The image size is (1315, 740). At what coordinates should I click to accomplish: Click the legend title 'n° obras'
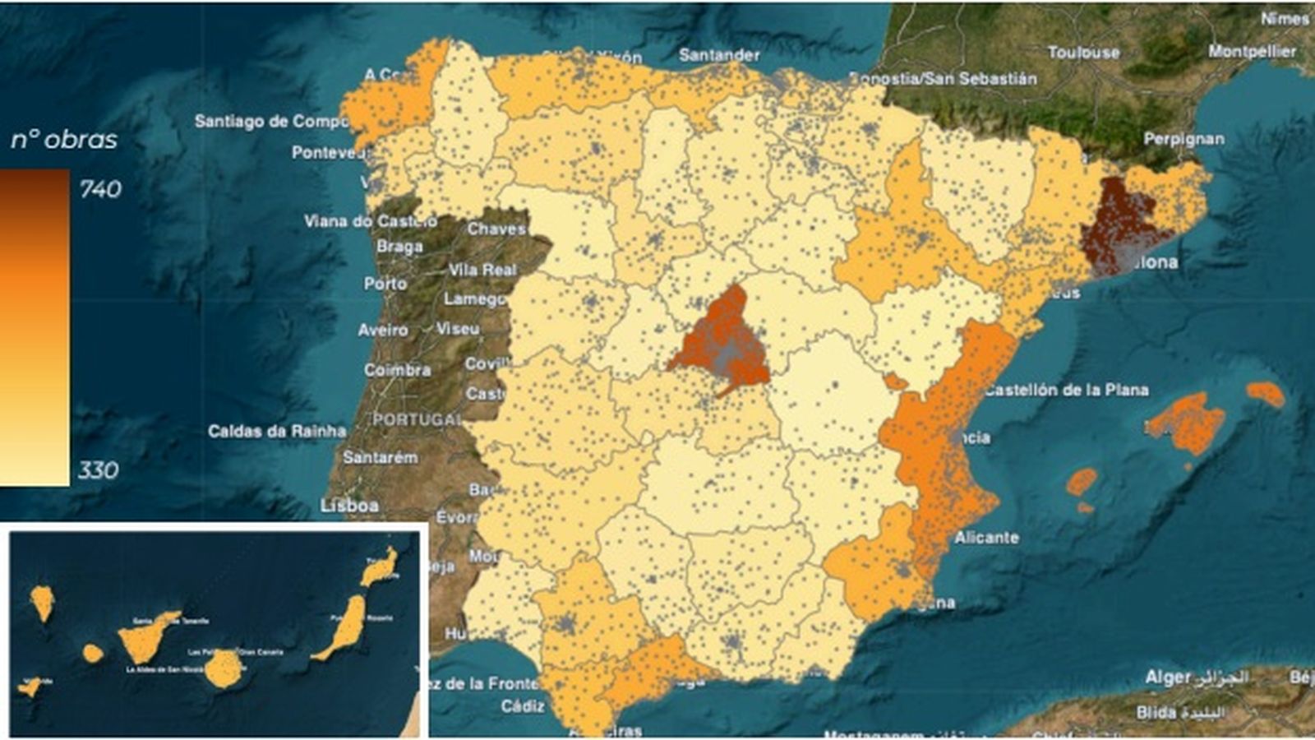(x=64, y=140)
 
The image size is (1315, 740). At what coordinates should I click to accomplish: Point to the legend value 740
(x=100, y=189)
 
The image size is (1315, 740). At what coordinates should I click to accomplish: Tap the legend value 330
(x=99, y=470)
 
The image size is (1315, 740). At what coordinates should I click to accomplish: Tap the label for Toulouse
(x=1083, y=53)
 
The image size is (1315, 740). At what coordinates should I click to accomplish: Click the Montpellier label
(x=1251, y=51)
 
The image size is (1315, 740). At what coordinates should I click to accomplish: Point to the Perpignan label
(x=1183, y=139)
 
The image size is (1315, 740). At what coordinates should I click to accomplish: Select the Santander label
(x=719, y=55)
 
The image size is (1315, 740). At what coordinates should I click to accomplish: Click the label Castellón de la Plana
(x=1066, y=390)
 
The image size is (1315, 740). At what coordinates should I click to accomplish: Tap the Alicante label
(x=986, y=538)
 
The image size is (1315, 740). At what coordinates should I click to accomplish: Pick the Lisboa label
(x=349, y=505)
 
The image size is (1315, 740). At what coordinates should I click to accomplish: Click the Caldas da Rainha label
(x=277, y=431)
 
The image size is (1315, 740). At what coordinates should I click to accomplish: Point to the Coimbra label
(x=397, y=370)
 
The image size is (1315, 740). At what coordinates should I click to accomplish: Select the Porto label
(x=385, y=284)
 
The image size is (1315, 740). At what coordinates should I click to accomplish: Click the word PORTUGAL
(x=417, y=419)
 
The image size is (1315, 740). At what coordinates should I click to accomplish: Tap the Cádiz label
(x=523, y=705)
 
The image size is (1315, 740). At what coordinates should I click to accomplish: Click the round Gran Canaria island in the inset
(x=223, y=668)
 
